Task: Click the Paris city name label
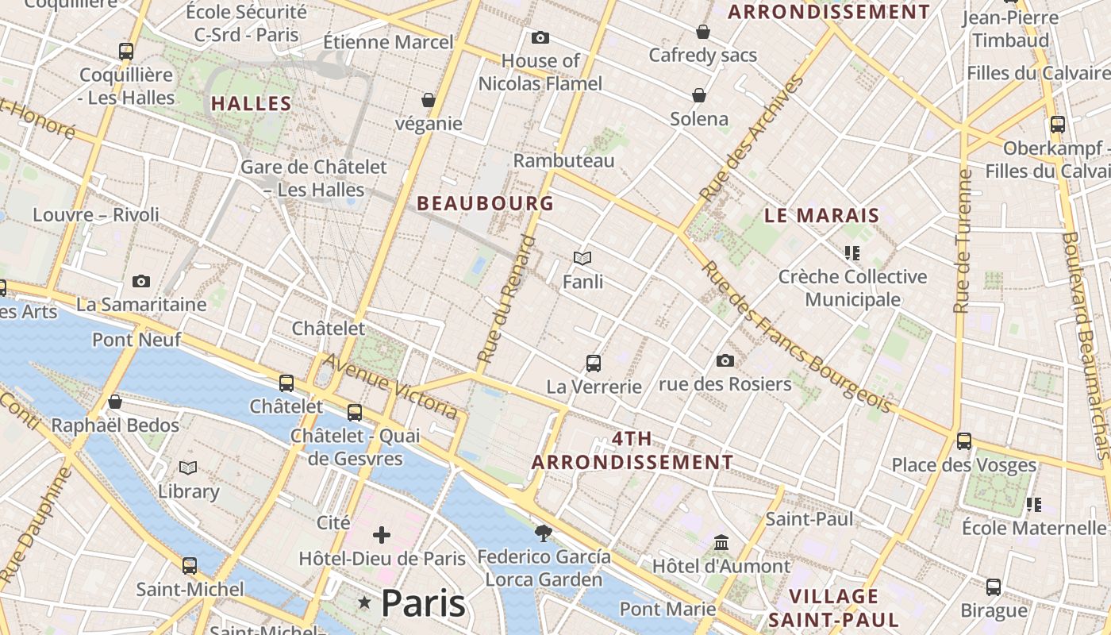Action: click(423, 604)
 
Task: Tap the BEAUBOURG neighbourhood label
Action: click(485, 203)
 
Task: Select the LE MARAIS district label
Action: click(821, 215)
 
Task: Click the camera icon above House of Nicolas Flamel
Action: click(540, 37)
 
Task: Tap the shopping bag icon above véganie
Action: click(429, 100)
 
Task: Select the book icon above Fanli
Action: click(582, 258)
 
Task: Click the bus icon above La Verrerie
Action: click(593, 364)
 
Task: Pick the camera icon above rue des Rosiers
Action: click(725, 361)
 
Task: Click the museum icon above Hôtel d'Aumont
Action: click(721, 543)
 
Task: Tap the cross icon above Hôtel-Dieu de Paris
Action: click(382, 535)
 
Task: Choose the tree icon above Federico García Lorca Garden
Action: click(544, 533)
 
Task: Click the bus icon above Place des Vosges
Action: click(964, 441)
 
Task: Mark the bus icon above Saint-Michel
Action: click(190, 566)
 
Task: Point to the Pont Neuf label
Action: click(136, 340)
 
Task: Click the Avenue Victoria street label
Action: click(390, 385)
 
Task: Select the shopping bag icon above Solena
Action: click(699, 95)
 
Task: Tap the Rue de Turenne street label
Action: click(963, 241)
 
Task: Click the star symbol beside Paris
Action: click(365, 603)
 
